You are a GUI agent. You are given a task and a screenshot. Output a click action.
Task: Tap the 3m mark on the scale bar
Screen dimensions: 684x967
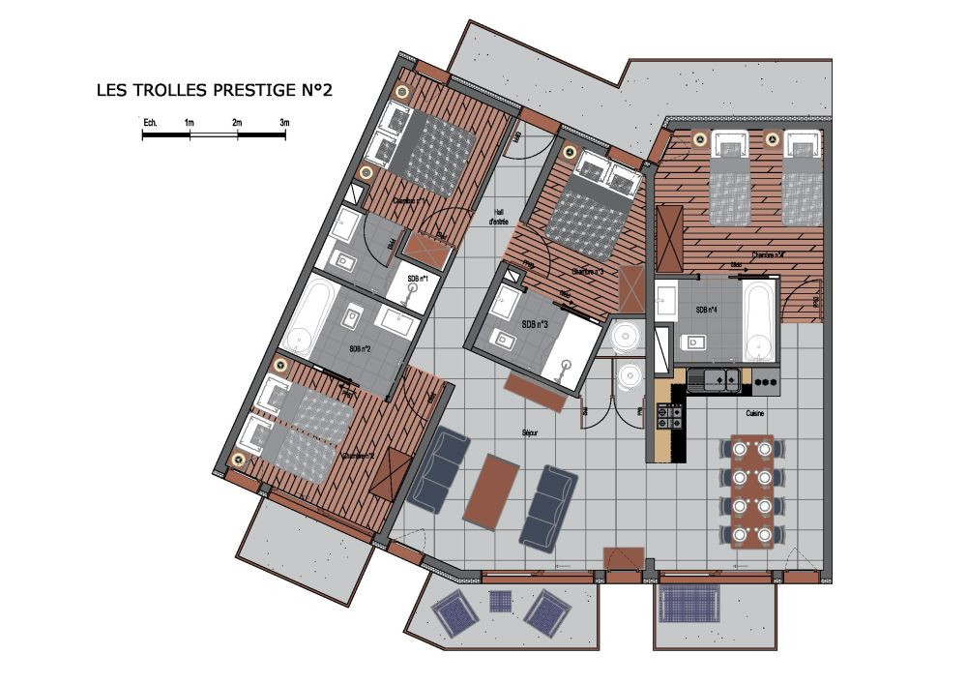click(284, 123)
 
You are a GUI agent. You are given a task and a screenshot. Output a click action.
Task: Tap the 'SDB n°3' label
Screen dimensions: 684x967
click(535, 324)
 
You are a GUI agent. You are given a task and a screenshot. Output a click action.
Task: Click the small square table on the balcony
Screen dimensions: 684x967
click(500, 602)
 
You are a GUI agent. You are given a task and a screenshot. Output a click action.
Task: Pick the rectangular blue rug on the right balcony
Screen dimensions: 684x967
click(693, 606)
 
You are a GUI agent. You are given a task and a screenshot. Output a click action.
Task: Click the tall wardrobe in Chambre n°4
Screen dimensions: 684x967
click(668, 238)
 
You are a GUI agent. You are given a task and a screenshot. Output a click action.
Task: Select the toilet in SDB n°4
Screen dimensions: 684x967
click(693, 342)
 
